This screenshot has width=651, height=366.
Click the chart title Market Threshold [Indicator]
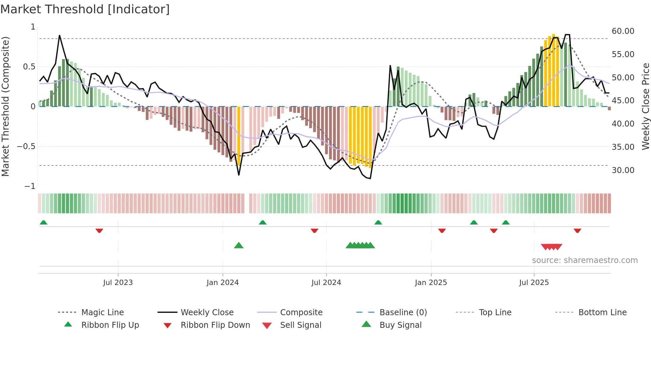point(85,9)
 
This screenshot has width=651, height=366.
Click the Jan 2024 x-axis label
point(223,283)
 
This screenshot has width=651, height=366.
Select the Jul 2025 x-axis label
point(534,283)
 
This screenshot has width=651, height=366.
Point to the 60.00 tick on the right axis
point(623,31)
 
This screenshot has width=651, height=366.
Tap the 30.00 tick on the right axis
point(623,170)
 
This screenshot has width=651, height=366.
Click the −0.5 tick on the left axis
point(26,146)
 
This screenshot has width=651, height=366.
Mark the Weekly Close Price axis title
point(645,106)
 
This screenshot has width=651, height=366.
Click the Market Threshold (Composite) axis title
point(5,106)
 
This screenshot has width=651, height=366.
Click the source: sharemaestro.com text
point(585,260)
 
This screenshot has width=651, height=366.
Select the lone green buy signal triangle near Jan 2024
point(239,246)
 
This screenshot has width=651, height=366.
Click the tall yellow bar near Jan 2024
point(239,136)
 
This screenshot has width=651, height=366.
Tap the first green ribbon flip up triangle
point(44,223)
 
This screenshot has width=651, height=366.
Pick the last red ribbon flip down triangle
point(577,230)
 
